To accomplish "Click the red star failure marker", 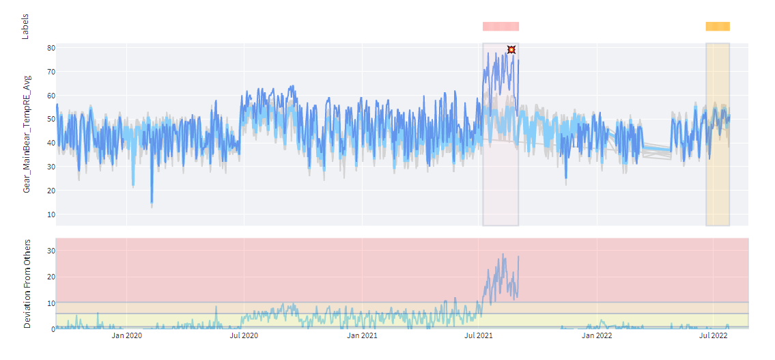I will point(511,50).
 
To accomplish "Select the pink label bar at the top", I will point(501,27).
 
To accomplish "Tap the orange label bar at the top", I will point(718,27).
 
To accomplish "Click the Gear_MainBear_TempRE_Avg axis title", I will point(27,135).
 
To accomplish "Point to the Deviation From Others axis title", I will point(27,283).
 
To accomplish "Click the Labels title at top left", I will point(26,26).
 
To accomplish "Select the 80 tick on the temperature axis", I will point(51,48).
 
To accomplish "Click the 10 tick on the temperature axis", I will point(51,214).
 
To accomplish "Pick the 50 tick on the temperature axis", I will point(51,119).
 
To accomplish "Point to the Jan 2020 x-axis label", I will point(127,335).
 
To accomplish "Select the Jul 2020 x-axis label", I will point(244,335).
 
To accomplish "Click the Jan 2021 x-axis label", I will point(362,335).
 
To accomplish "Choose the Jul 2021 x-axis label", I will point(479,335).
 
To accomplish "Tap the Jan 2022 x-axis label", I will point(597,335).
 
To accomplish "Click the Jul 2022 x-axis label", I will point(714,335).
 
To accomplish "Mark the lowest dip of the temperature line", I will point(152,204).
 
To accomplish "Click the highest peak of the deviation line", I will point(503,255).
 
